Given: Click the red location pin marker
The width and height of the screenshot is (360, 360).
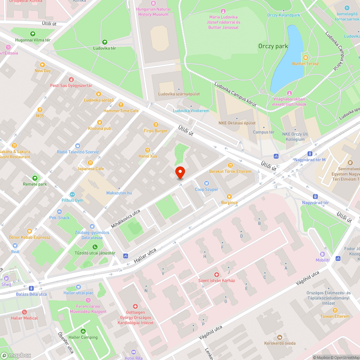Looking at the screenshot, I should coord(180,172).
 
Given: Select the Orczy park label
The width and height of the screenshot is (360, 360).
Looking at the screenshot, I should coord(273,46).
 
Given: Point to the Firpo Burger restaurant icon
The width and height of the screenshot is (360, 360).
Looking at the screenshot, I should coord(156,124).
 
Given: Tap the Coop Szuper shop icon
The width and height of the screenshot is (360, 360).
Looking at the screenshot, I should coord(206,183).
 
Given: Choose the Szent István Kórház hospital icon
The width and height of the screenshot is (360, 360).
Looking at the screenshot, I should coord(216,274).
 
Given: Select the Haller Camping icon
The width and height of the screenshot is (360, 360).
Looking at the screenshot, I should coord(84,331).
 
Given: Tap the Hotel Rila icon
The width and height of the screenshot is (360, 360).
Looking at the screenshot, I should coord(134,352).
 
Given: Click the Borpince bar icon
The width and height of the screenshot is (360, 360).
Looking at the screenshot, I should coord(229,196).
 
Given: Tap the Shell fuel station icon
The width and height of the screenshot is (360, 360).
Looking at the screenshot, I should coord(6,278).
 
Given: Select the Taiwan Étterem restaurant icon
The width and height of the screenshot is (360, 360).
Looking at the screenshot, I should coord(335,310).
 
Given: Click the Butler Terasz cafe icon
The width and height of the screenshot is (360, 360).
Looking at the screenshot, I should coord(305,58).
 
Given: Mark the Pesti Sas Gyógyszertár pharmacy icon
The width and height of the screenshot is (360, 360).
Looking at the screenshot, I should coord(71,79).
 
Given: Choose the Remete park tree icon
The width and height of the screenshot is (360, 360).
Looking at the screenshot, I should coord(35,178).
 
